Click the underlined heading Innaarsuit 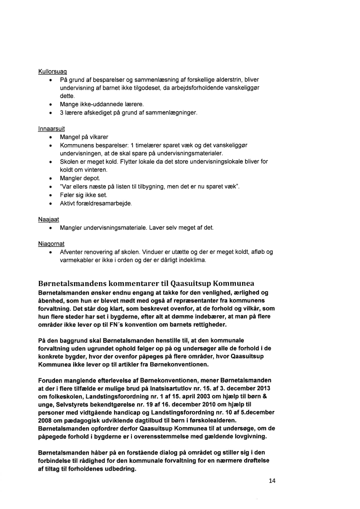click(51, 129)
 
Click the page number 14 click(273, 481)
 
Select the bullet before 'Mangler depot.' click(51, 178)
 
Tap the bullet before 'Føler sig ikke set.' click(51, 195)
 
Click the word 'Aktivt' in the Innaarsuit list click(68, 203)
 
